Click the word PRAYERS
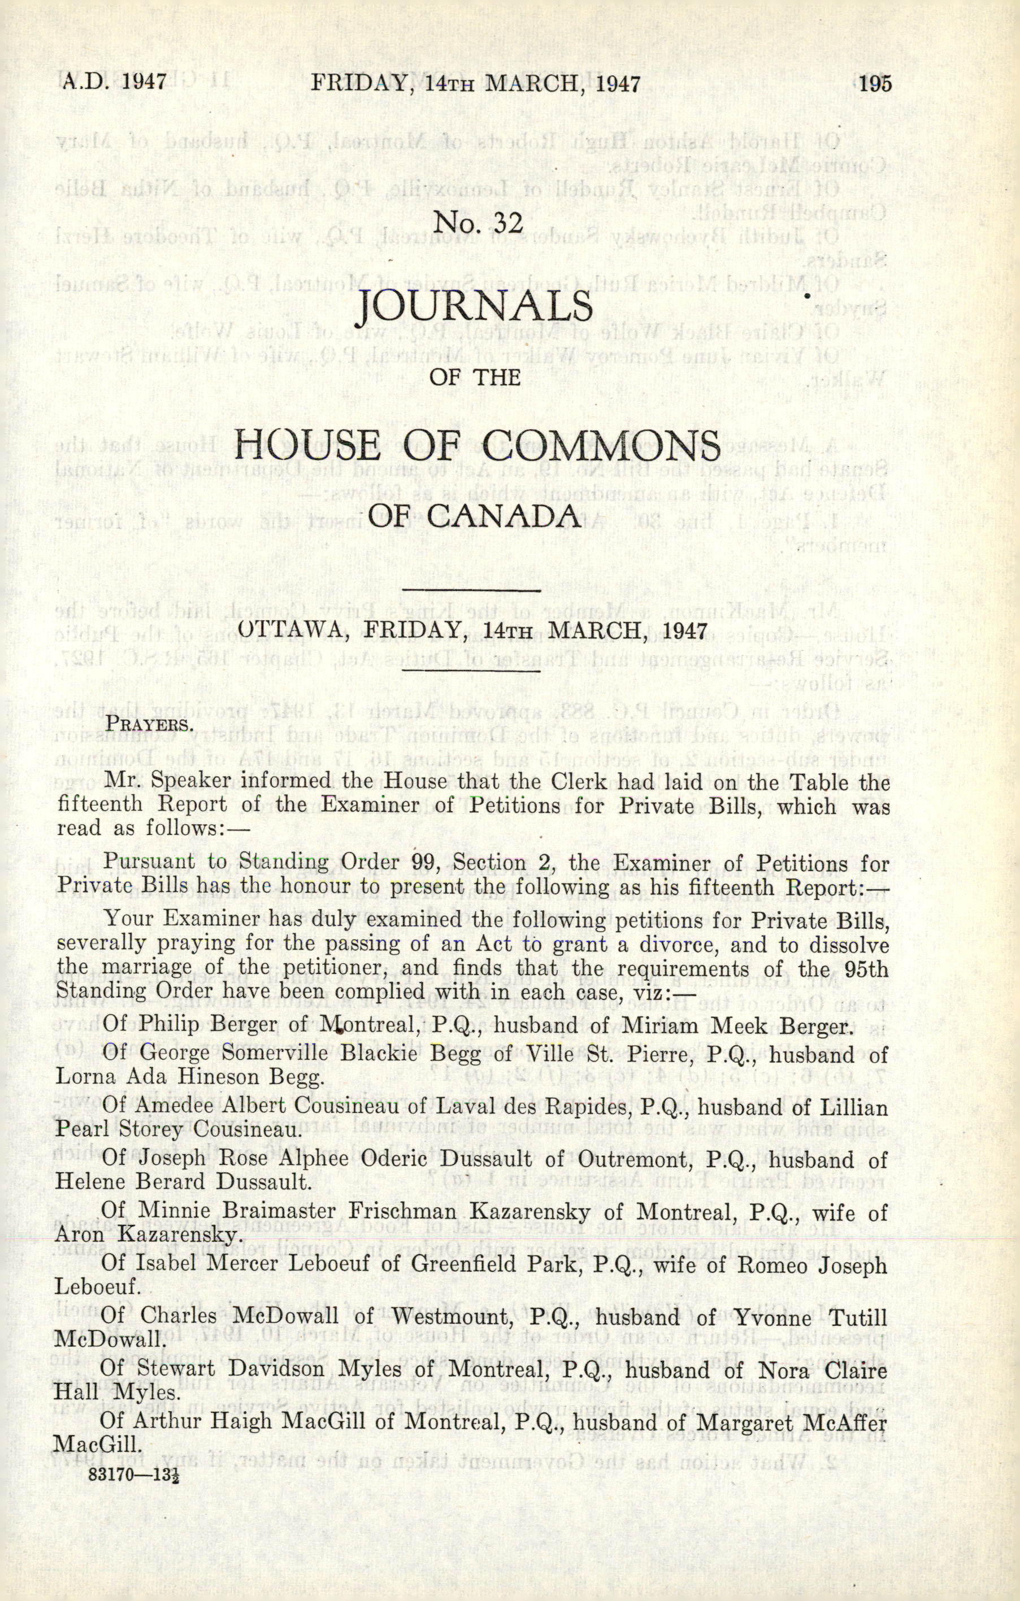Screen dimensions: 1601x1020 pos(150,723)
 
